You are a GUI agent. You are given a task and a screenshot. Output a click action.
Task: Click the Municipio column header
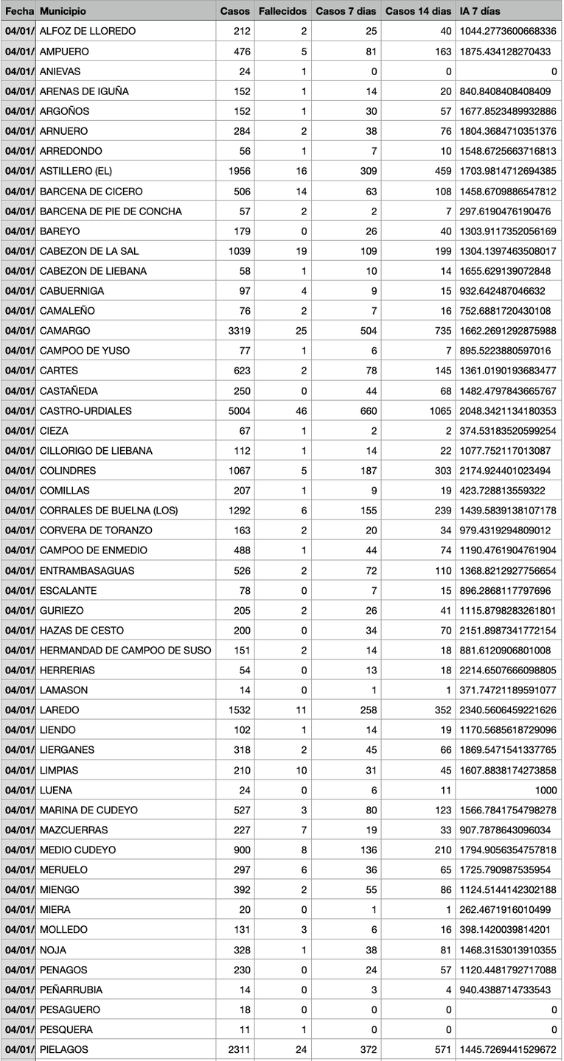[x=63, y=11]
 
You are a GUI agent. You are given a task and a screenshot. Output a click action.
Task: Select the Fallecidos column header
[x=282, y=11]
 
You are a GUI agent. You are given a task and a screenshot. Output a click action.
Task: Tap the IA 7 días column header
[x=479, y=11]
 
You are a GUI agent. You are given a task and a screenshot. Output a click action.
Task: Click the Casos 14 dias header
[x=418, y=11]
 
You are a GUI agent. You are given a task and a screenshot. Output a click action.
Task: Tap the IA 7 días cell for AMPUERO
[x=509, y=52]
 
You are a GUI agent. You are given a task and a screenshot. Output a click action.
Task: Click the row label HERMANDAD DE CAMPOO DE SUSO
[x=125, y=651]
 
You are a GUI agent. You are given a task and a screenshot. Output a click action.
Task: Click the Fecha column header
[x=18, y=11]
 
